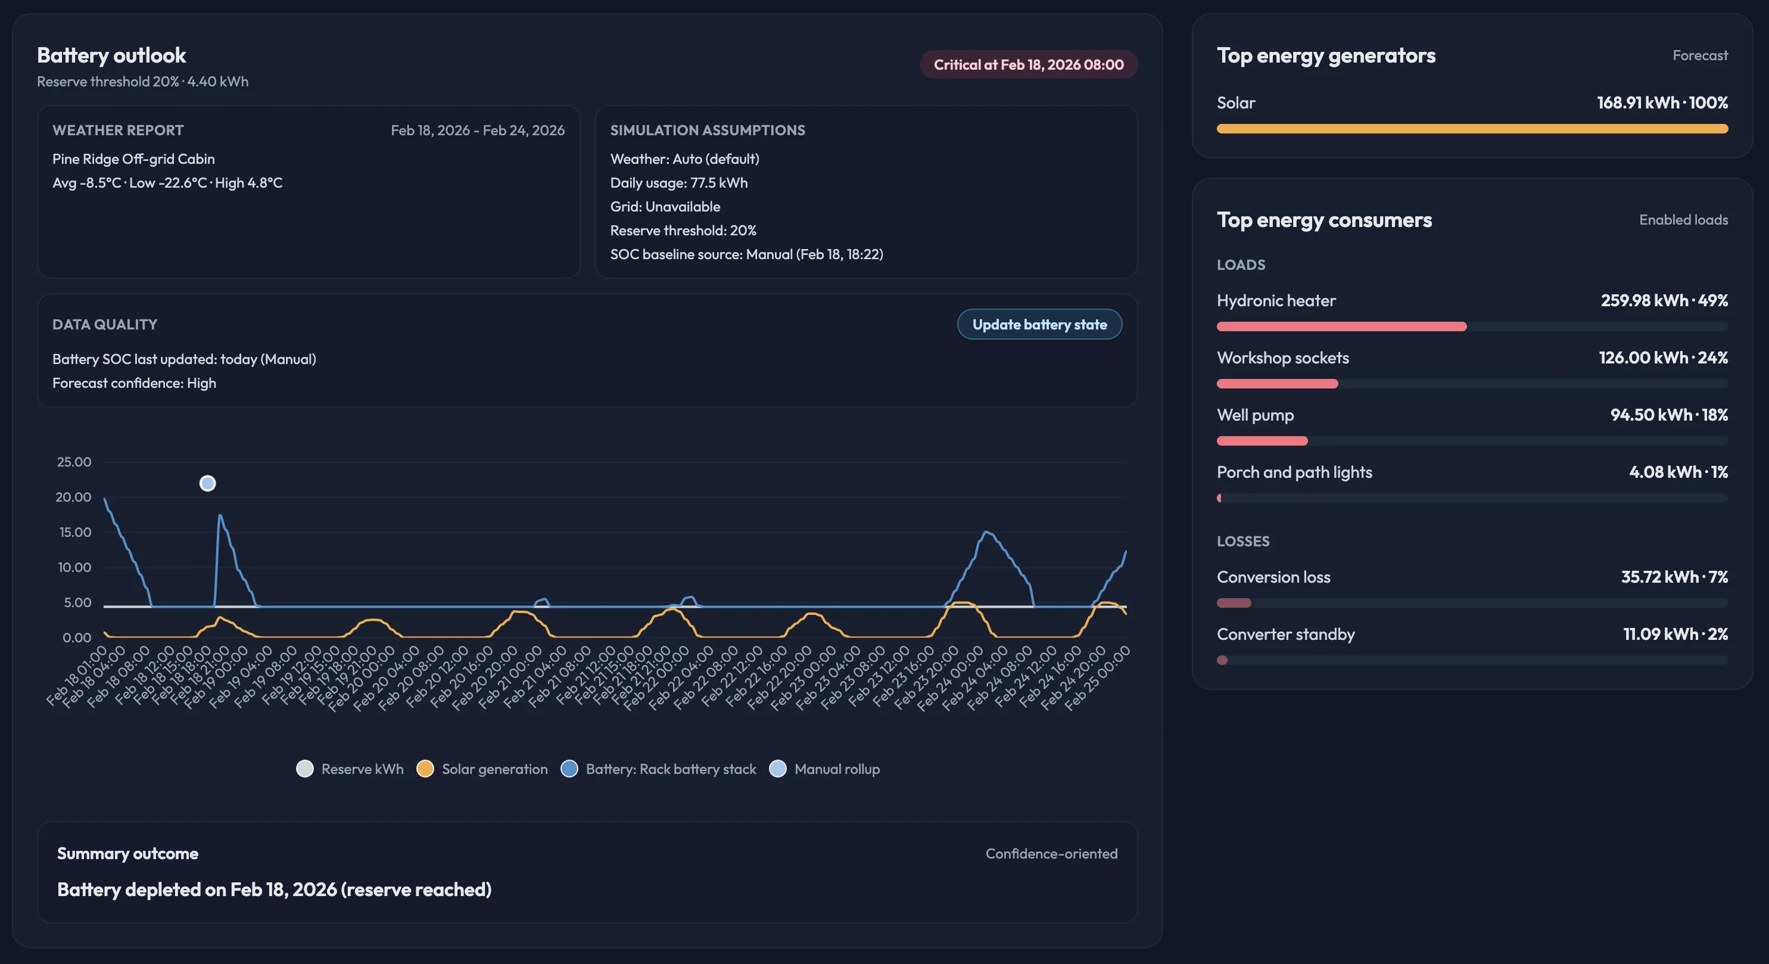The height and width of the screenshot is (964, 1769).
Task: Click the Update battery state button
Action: (x=1039, y=324)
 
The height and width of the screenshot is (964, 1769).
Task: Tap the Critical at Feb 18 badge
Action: (x=1028, y=64)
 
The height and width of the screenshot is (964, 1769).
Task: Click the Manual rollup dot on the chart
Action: (x=207, y=484)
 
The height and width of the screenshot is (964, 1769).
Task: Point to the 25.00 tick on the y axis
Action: (x=73, y=462)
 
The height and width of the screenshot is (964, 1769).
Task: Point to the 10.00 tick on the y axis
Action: (x=73, y=568)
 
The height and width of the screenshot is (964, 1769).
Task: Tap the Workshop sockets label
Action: (x=1282, y=358)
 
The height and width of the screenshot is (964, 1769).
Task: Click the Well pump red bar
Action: (x=1262, y=441)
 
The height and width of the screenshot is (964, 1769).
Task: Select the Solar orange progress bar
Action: (x=1472, y=129)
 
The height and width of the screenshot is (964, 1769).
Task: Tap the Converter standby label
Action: (x=1285, y=634)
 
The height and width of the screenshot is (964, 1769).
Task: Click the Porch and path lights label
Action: (x=1294, y=472)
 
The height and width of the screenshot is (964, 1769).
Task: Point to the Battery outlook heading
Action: (x=111, y=55)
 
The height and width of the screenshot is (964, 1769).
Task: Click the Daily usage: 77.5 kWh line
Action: (x=678, y=183)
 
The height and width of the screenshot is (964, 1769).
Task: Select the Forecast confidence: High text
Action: (x=134, y=383)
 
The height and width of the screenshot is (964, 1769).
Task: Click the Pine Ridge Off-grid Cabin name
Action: (x=133, y=158)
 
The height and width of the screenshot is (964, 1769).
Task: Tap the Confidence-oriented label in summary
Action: (x=1051, y=853)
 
